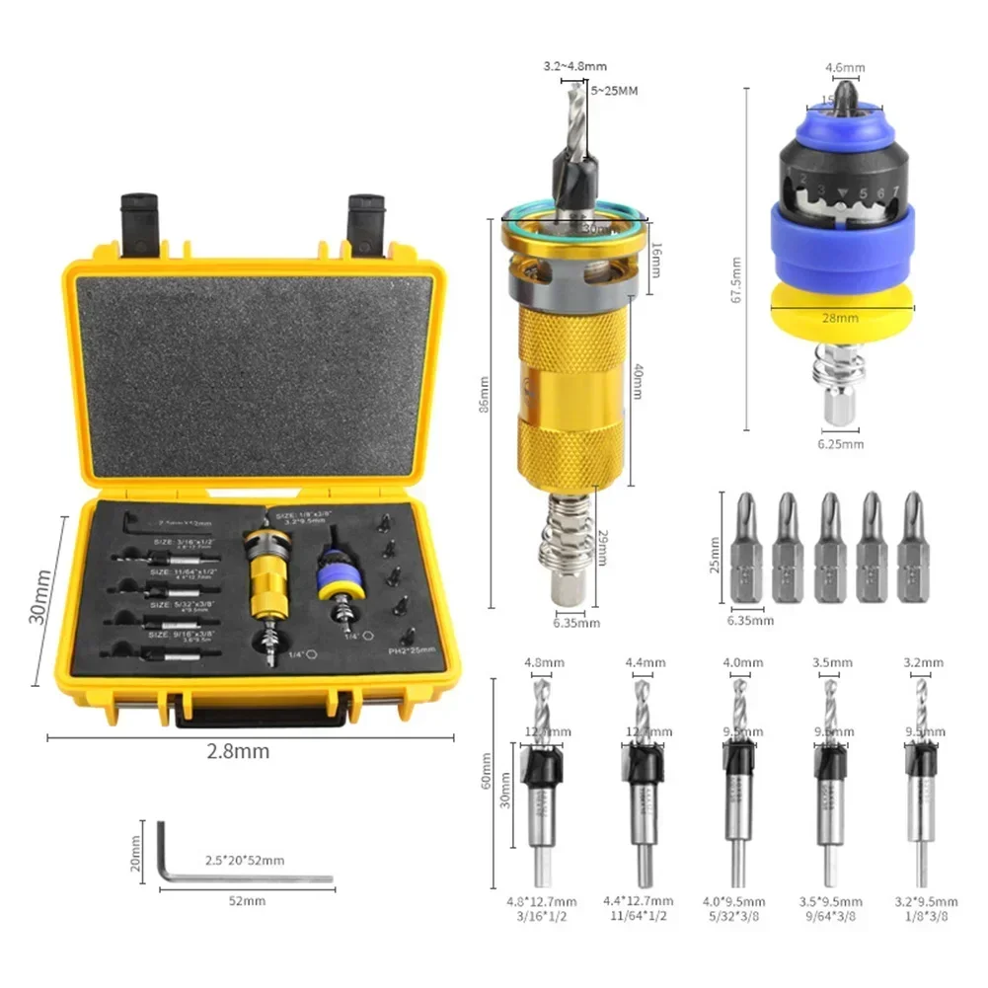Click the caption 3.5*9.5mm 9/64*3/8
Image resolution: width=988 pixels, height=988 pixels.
(x=830, y=908)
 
